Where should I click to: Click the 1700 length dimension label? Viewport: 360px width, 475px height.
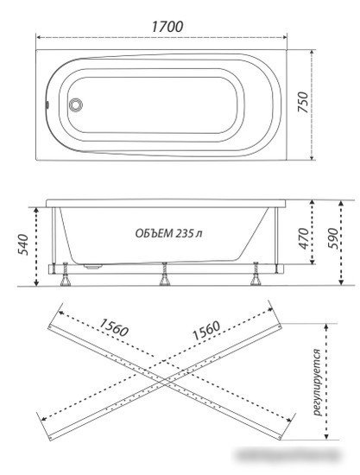pos(167,27)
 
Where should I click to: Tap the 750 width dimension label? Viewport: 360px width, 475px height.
pos(303,103)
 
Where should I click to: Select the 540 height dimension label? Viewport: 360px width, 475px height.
pos(23,244)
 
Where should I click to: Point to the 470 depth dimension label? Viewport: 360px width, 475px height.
pos(304,238)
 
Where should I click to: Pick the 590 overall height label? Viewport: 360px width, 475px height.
pos(333,238)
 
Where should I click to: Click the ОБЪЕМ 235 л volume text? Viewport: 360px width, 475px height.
pos(168,233)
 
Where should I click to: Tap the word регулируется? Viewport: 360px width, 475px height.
pos(316,383)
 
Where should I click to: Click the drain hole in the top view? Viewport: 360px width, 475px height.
pos(75,104)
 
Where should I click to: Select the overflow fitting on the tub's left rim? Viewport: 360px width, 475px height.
pos(47,104)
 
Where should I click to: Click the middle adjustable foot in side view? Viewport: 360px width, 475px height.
pos(165,275)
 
